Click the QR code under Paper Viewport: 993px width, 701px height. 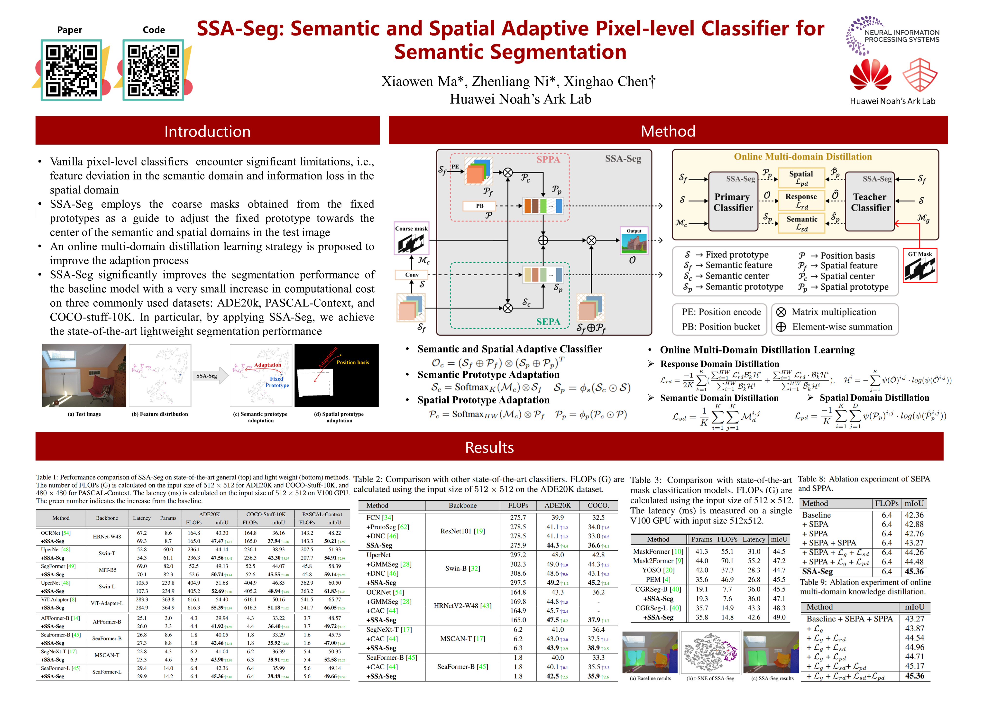tap(71, 70)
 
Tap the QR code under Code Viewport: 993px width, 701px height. tap(153, 70)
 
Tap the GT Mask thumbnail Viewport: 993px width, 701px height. tap(920, 268)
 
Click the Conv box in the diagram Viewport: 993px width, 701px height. tap(412, 275)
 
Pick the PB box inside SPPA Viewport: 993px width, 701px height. tap(479, 206)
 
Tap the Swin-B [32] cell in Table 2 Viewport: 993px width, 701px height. tap(462, 568)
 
